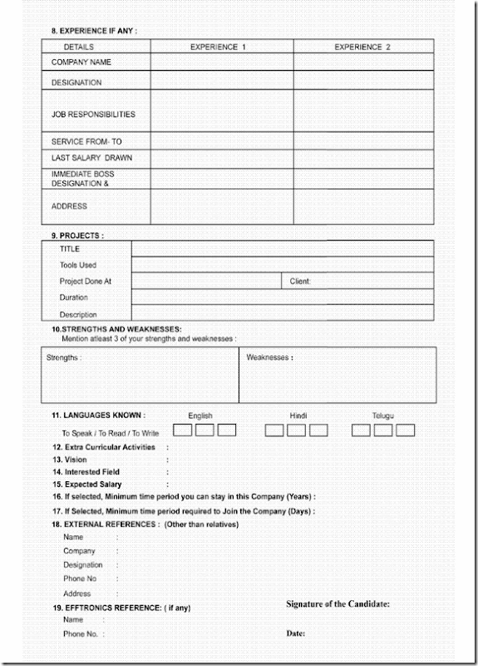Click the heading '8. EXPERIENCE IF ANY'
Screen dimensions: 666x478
click(94, 31)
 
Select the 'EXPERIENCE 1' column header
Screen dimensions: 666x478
click(218, 47)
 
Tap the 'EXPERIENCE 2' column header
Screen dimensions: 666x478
click(362, 47)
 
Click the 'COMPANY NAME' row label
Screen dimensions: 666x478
click(81, 62)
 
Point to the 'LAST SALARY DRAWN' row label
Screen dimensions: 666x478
click(91, 157)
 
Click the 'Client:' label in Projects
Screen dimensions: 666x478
click(300, 281)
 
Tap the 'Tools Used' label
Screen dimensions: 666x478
click(78, 265)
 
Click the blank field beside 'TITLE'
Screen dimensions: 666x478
click(282, 249)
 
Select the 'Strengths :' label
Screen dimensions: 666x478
click(64, 358)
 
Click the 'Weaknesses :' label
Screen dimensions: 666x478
click(269, 358)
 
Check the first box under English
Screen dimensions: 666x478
click(182, 430)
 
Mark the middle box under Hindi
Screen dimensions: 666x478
click(296, 430)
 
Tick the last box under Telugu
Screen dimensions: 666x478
click(405, 430)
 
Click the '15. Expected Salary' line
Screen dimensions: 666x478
click(87, 485)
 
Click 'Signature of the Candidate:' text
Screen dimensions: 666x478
click(338, 604)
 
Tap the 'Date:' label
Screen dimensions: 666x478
click(296, 634)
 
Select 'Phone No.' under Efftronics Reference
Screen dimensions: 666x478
click(81, 634)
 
